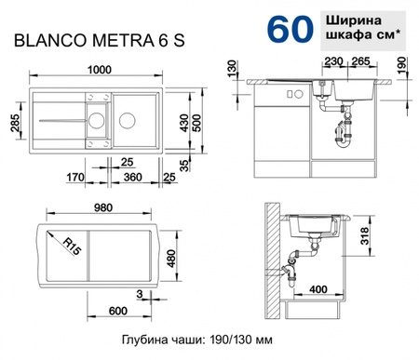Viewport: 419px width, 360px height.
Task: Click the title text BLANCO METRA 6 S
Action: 89,40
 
